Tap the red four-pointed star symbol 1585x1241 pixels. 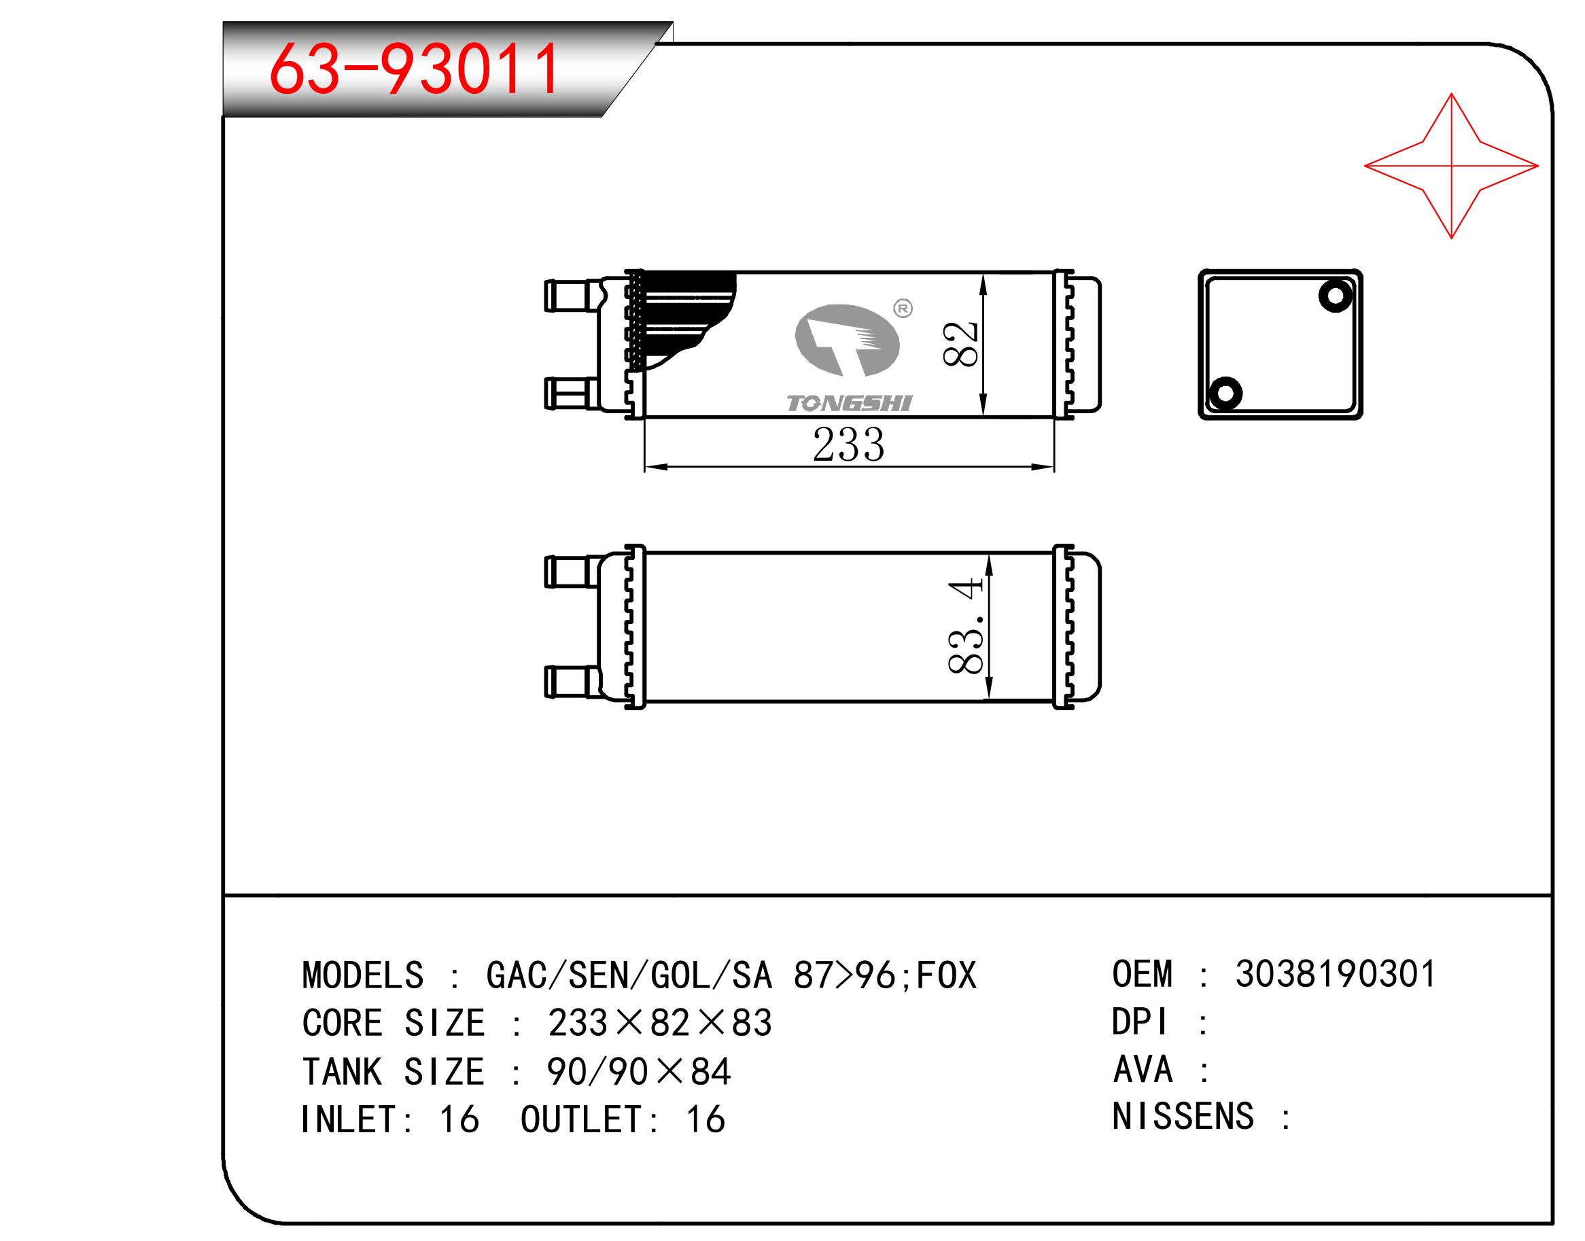click(x=1450, y=166)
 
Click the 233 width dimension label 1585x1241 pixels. click(x=849, y=444)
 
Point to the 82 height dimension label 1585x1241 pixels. click(x=961, y=344)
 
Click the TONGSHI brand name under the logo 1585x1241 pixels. click(x=849, y=403)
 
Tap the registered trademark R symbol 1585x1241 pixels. click(x=903, y=309)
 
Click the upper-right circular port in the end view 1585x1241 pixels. click(x=1335, y=296)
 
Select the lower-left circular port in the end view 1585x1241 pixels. click(x=1225, y=393)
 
